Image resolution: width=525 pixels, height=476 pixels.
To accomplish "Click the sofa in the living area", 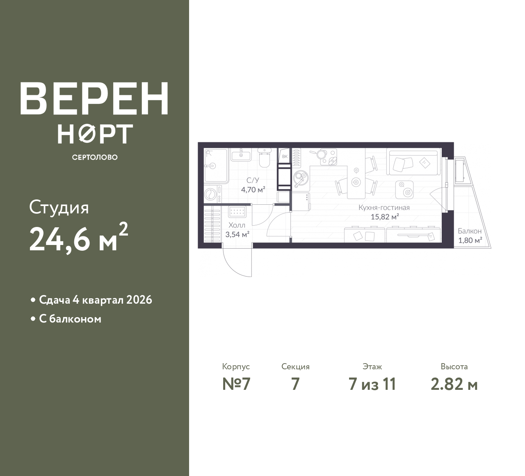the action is (413, 162).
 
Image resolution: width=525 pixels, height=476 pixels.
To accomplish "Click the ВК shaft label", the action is (285, 157).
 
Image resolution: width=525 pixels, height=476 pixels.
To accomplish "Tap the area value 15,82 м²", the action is (385, 217).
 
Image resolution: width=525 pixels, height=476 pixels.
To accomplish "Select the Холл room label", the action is (237, 225).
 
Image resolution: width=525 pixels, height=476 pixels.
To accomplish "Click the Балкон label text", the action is (470, 231).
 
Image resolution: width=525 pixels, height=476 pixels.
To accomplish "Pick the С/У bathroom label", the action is (253, 180).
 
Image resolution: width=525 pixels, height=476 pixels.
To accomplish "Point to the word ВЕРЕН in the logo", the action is (94, 98).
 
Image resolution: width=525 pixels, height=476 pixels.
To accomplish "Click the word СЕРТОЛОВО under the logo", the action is (95, 157).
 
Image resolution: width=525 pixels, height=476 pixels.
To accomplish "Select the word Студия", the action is (59, 208).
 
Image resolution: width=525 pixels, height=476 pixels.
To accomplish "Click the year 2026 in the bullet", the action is (139, 300).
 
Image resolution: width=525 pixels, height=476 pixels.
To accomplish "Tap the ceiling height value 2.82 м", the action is (454, 384).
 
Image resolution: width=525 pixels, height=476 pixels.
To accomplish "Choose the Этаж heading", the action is (372, 366).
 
